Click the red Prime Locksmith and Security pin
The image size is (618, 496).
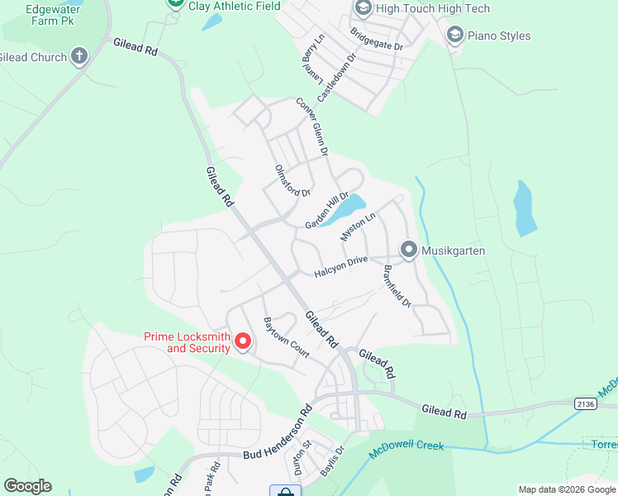click(243, 341)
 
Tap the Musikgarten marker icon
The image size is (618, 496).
click(408, 250)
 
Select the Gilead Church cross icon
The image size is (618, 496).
click(78, 57)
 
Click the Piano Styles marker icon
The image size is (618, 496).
click(454, 36)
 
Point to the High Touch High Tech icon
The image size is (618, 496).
click(363, 8)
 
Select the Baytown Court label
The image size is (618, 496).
click(286, 337)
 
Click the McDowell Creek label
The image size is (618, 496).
click(406, 446)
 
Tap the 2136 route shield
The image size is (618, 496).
click(586, 403)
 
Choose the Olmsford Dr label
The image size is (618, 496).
click(292, 180)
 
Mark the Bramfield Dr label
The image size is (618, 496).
click(397, 285)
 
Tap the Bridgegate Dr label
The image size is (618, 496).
click(376, 40)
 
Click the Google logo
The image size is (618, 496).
click(27, 486)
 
